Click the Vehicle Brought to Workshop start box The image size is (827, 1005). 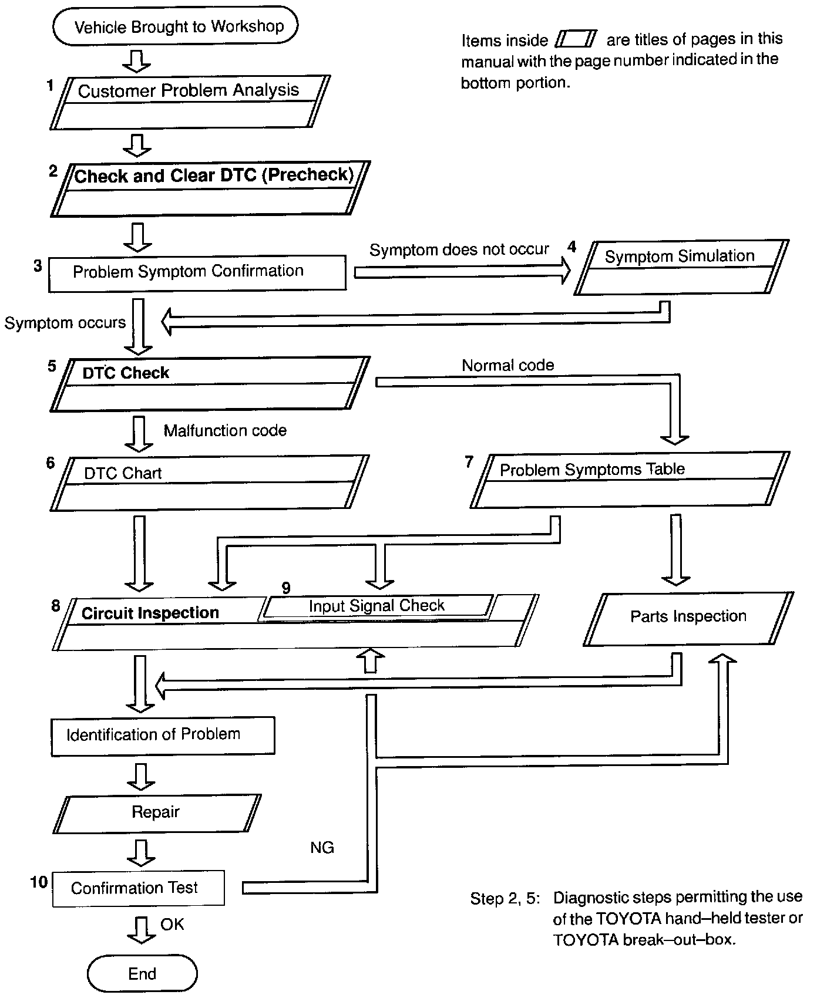point(176,26)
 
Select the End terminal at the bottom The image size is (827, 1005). point(142,974)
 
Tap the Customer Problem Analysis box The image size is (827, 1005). point(189,102)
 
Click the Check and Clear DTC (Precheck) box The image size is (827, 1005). point(210,188)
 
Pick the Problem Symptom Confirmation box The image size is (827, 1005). point(197,272)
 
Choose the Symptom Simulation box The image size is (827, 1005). point(681,267)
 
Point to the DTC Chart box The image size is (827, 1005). point(209,483)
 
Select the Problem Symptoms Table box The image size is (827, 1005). point(630,479)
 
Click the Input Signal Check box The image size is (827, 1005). point(377,606)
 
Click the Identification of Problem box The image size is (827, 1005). point(163,735)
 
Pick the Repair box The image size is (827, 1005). point(156,812)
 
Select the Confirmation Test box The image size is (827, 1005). point(138,888)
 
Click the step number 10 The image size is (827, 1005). point(39,882)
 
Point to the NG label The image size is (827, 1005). point(322,847)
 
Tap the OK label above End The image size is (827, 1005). point(172,925)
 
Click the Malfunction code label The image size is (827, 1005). point(225,430)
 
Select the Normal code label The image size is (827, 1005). point(507,365)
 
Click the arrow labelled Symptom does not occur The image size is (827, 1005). point(462,272)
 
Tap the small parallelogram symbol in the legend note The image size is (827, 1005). point(576,39)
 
